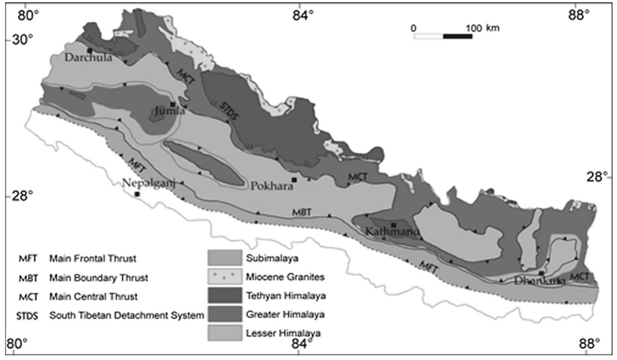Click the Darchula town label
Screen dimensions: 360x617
pyautogui.click(x=88, y=57)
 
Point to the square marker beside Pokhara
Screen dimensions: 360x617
pyautogui.click(x=294, y=180)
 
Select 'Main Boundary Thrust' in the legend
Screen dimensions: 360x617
pyautogui.click(x=99, y=278)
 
